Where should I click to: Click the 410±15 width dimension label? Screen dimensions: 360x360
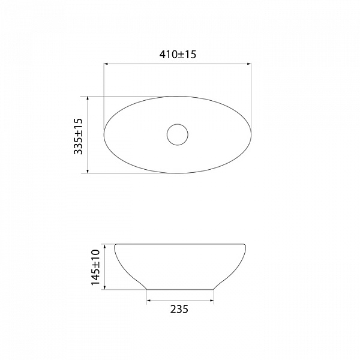pos(178,55)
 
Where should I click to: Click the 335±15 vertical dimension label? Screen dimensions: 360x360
pos(78,136)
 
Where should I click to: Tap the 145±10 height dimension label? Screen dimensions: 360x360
pos(95,268)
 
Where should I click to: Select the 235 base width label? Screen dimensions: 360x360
pos(179,309)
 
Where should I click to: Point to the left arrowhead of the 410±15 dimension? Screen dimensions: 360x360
pos(106,64)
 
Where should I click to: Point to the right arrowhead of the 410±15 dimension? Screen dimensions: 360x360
pos(249,64)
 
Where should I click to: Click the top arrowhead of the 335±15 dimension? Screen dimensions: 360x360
pos(88,98)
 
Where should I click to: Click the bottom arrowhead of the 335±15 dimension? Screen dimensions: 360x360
pos(88,171)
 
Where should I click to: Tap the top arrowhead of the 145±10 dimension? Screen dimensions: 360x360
pos(104,247)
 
